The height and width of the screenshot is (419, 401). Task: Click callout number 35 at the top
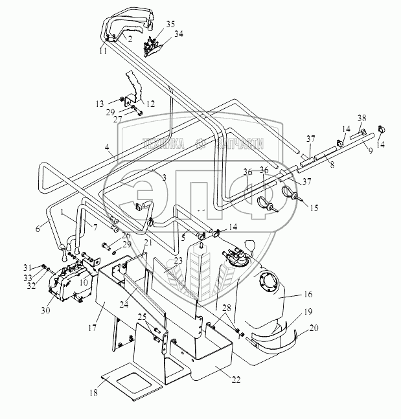pyautogui.click(x=170, y=24)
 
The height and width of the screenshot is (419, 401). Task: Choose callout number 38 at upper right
pyautogui.click(x=361, y=119)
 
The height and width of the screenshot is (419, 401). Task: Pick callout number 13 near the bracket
pyautogui.click(x=100, y=103)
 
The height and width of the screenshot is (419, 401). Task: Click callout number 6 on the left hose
pyautogui.click(x=38, y=228)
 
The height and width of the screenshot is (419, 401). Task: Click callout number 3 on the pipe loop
pyautogui.click(x=165, y=177)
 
